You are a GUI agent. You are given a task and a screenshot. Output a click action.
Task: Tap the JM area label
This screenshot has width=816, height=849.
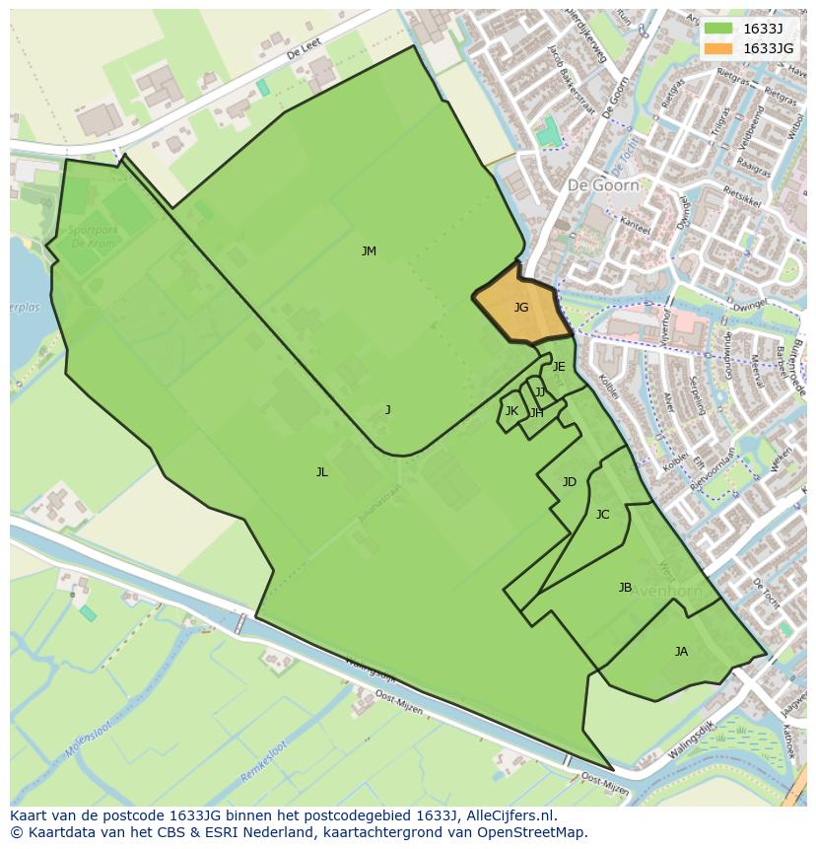click(x=369, y=251)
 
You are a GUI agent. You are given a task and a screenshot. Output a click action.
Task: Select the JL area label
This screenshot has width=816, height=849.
click(x=321, y=472)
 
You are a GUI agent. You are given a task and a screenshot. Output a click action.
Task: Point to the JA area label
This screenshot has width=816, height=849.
click(x=681, y=652)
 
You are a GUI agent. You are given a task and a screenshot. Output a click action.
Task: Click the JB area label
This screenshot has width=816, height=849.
click(x=625, y=588)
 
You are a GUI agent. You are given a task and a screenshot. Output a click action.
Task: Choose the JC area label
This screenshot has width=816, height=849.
click(x=602, y=515)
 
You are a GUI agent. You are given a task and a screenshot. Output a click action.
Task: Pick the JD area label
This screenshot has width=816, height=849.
click(x=569, y=482)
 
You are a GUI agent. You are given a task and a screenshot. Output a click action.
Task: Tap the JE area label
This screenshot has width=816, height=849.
click(x=559, y=367)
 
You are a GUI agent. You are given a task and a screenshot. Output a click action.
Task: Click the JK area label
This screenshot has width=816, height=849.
click(x=511, y=411)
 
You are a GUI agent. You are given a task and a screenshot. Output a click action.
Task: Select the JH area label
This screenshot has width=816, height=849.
click(x=536, y=413)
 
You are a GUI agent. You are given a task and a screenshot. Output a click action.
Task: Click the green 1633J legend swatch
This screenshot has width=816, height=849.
click(x=718, y=28)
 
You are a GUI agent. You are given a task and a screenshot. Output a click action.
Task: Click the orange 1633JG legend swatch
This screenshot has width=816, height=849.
click(x=718, y=47)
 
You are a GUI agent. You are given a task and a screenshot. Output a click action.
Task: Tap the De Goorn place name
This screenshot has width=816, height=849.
click(x=603, y=184)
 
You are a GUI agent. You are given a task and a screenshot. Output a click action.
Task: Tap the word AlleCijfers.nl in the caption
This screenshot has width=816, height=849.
click(x=508, y=815)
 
